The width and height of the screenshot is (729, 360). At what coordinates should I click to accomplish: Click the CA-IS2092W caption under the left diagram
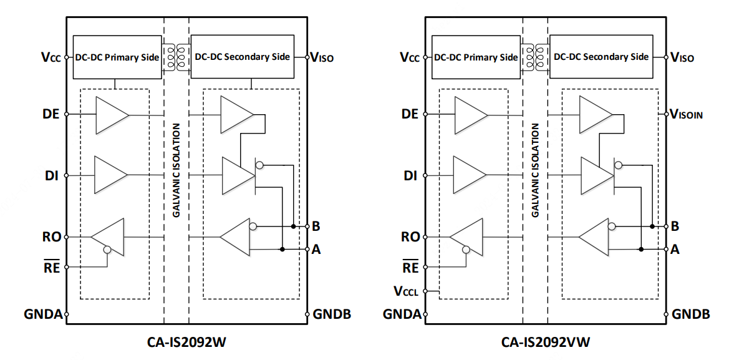(x=186, y=342)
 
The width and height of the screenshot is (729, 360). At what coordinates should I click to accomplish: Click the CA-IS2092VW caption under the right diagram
(x=546, y=342)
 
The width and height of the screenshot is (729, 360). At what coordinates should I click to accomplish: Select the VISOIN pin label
(x=687, y=114)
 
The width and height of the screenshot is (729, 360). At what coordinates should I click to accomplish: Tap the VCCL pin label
(x=406, y=291)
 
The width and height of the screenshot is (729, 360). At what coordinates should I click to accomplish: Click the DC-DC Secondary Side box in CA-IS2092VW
(x=601, y=57)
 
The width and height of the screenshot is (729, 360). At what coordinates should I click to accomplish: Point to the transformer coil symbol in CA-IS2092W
(x=176, y=56)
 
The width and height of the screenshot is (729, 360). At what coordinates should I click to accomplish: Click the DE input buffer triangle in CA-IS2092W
(x=111, y=115)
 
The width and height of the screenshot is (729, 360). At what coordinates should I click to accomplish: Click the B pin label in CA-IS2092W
(x=316, y=226)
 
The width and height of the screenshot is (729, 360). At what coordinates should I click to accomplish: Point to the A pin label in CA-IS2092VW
(x=675, y=249)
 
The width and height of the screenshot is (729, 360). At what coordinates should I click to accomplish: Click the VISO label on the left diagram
(x=323, y=58)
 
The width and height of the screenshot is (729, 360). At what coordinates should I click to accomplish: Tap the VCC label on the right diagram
(x=410, y=57)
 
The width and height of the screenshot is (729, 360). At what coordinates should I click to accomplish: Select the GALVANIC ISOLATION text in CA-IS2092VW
(x=534, y=170)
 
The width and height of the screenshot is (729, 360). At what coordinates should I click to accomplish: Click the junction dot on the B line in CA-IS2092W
(x=293, y=225)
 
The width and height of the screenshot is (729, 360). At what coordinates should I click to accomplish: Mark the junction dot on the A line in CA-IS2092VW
(x=641, y=249)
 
